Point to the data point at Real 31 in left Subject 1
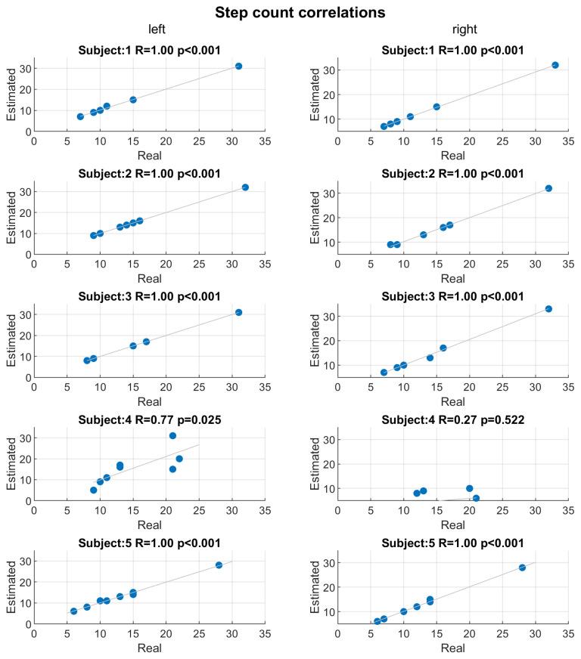click(x=238, y=66)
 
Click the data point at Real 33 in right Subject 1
click(x=555, y=65)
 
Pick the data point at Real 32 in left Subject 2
click(x=245, y=187)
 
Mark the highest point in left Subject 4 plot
click(x=172, y=435)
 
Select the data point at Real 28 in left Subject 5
click(x=219, y=565)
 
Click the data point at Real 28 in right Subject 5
click(x=522, y=567)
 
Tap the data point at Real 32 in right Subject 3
click(x=548, y=308)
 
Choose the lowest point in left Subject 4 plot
click(x=93, y=490)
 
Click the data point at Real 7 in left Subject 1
click(x=80, y=116)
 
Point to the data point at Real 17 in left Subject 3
click(x=146, y=342)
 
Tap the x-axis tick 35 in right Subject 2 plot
click(x=568, y=261)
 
